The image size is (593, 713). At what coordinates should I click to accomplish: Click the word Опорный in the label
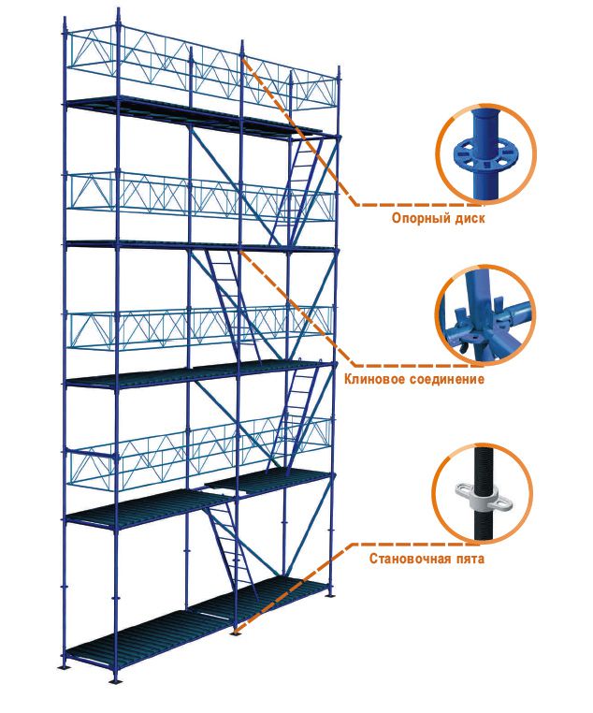[420, 218]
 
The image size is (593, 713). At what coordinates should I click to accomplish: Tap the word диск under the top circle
[470, 218]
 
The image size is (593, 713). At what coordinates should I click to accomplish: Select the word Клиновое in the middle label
[372, 378]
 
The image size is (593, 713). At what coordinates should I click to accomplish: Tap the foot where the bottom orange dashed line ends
[235, 633]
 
